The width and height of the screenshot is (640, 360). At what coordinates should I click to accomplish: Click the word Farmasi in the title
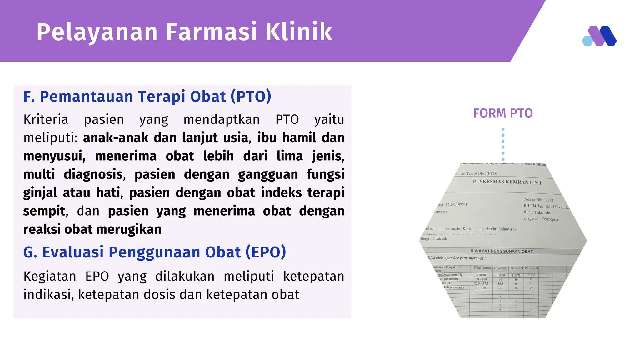(211, 32)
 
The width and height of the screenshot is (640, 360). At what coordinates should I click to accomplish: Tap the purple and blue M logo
(599, 36)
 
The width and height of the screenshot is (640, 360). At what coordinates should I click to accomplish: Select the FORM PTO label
(502, 113)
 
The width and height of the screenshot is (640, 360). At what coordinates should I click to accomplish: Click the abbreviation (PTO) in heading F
(251, 96)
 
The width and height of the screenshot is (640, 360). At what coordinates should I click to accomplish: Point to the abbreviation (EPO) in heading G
(266, 252)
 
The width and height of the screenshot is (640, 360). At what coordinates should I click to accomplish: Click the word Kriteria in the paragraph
(46, 119)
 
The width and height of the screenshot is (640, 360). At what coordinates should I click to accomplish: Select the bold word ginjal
(40, 193)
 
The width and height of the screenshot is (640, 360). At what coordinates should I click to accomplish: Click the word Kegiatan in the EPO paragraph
(50, 276)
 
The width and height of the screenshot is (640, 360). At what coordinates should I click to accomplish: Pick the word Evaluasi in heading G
(73, 252)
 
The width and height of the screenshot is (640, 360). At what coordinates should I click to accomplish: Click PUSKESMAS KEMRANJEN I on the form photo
(507, 182)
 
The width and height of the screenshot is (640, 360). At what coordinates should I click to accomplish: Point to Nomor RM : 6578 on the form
(538, 200)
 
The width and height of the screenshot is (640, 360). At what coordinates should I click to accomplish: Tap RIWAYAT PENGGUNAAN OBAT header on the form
(502, 251)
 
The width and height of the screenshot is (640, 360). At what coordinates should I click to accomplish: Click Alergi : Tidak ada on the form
(433, 239)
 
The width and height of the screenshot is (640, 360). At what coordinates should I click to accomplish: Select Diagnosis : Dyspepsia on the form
(541, 219)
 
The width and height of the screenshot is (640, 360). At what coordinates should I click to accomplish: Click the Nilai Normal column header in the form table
(482, 268)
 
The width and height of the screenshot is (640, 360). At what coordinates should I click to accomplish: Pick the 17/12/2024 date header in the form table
(500, 268)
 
